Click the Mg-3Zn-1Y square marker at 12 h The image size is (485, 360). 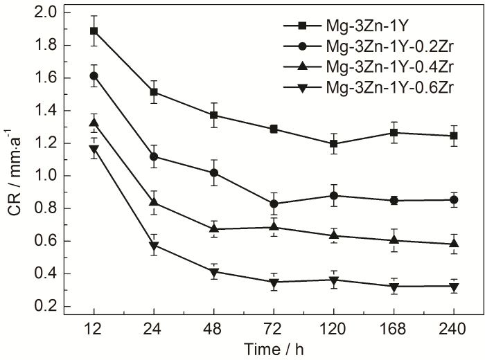[94, 31]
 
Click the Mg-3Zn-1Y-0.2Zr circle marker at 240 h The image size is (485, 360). [455, 199]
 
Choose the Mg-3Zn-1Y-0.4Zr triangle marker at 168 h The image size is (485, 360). [395, 240]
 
